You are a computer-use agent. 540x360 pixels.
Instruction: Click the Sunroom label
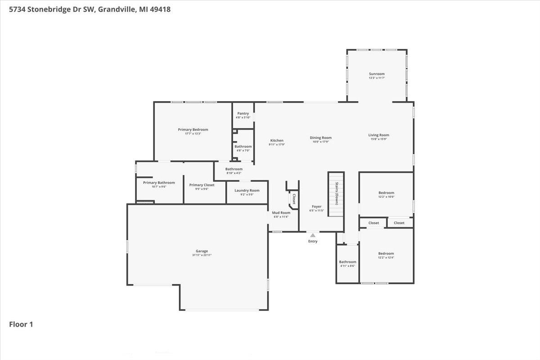click(x=377, y=74)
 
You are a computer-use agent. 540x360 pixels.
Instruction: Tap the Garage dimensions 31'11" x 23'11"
click(x=202, y=255)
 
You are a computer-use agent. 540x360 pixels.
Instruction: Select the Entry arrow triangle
click(x=313, y=235)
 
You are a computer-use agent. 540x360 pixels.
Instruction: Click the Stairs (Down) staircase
click(x=336, y=194)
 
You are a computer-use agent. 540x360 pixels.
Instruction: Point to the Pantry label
click(x=243, y=113)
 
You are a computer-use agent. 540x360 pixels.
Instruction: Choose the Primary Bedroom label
click(x=193, y=130)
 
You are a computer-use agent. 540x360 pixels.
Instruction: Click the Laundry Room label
click(x=247, y=190)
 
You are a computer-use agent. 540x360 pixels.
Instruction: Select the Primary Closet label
click(x=202, y=185)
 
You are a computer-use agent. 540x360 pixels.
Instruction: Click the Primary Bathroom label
click(x=159, y=183)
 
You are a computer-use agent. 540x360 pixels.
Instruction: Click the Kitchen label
click(x=277, y=140)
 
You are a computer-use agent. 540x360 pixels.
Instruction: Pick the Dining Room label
click(x=320, y=138)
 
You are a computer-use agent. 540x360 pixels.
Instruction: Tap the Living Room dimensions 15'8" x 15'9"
click(x=378, y=139)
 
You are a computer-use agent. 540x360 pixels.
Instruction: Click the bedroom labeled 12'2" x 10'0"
click(x=386, y=194)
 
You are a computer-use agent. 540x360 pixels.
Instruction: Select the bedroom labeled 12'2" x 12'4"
click(x=386, y=255)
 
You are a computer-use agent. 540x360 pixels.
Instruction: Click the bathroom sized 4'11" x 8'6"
click(x=347, y=264)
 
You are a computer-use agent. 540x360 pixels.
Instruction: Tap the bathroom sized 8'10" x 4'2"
click(x=234, y=171)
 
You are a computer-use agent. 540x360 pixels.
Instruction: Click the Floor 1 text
click(x=21, y=324)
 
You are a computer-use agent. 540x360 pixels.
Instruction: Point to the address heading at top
click(x=90, y=9)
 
